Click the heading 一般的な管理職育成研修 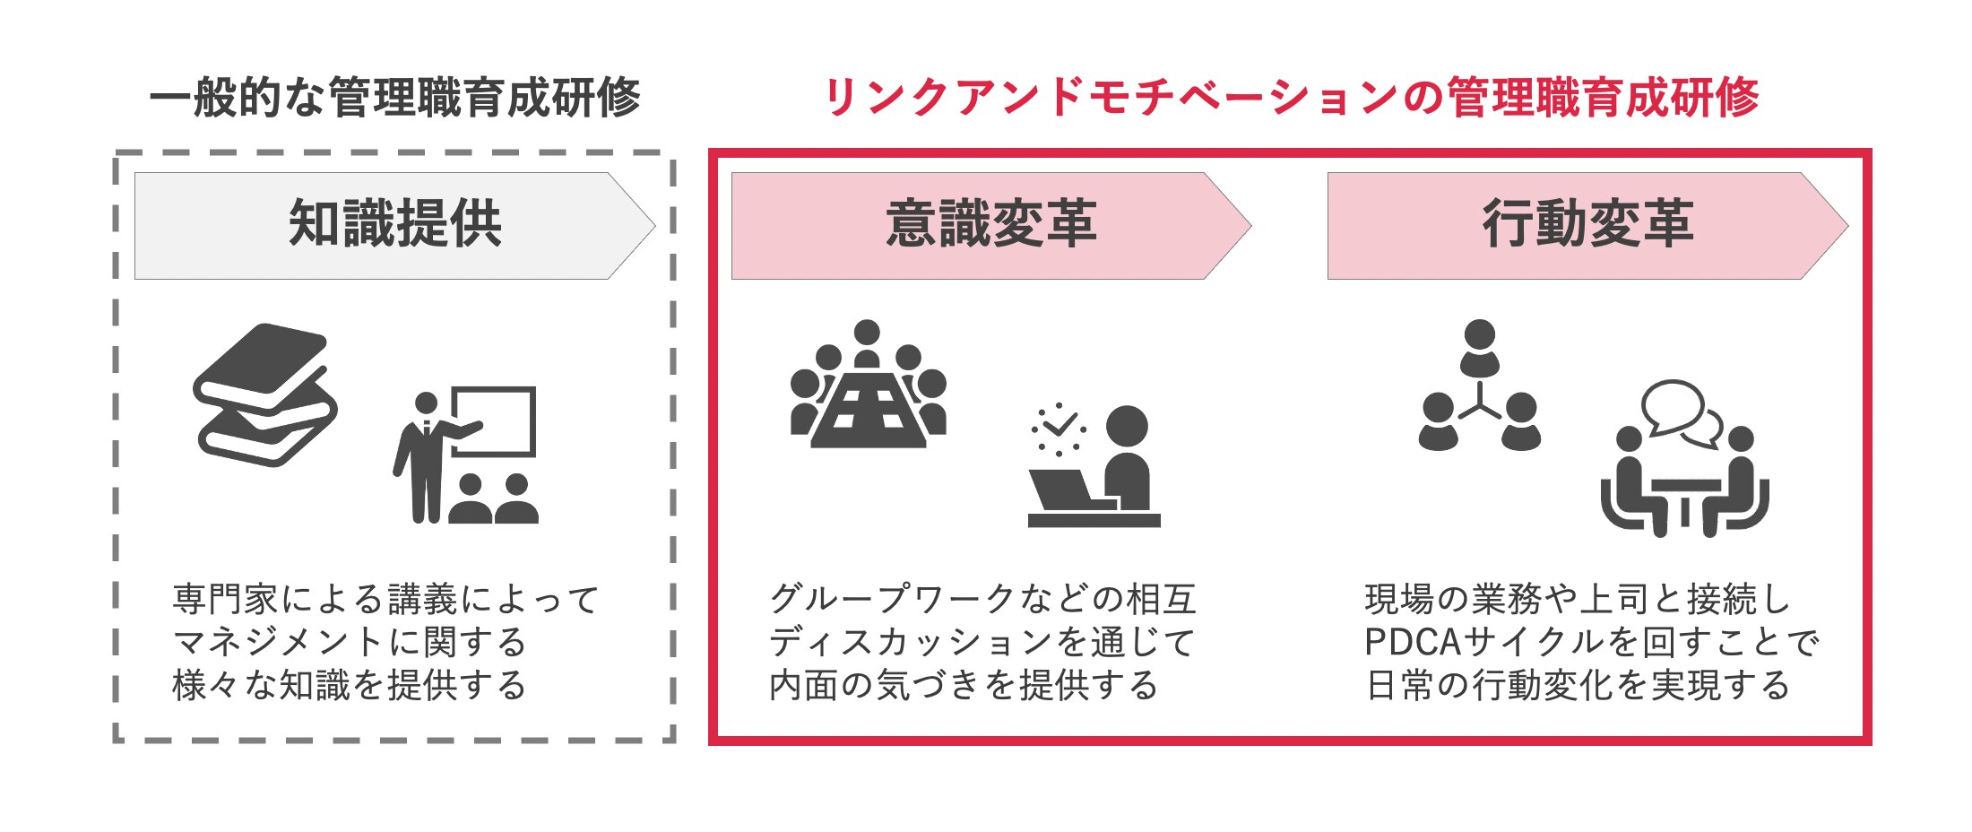[x=394, y=98]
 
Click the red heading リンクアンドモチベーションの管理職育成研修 [x=1291, y=98]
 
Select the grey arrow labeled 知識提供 [x=394, y=225]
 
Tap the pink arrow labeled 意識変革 [x=990, y=225]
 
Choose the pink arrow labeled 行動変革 [x=1587, y=225]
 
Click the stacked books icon [x=265, y=394]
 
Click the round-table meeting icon [x=868, y=386]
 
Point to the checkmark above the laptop [x=1059, y=423]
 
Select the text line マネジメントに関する [x=350, y=642]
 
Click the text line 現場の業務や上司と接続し [x=1578, y=599]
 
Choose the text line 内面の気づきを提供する [x=964, y=685]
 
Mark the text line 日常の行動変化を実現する [x=1578, y=685]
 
